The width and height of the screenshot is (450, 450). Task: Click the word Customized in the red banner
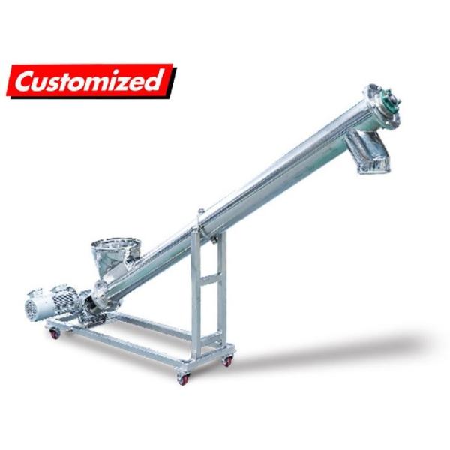point(90,79)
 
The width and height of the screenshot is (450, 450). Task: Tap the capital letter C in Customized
point(27,82)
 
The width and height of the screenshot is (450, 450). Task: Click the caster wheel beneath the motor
point(54,331)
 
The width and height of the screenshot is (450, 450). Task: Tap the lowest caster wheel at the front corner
point(182,377)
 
